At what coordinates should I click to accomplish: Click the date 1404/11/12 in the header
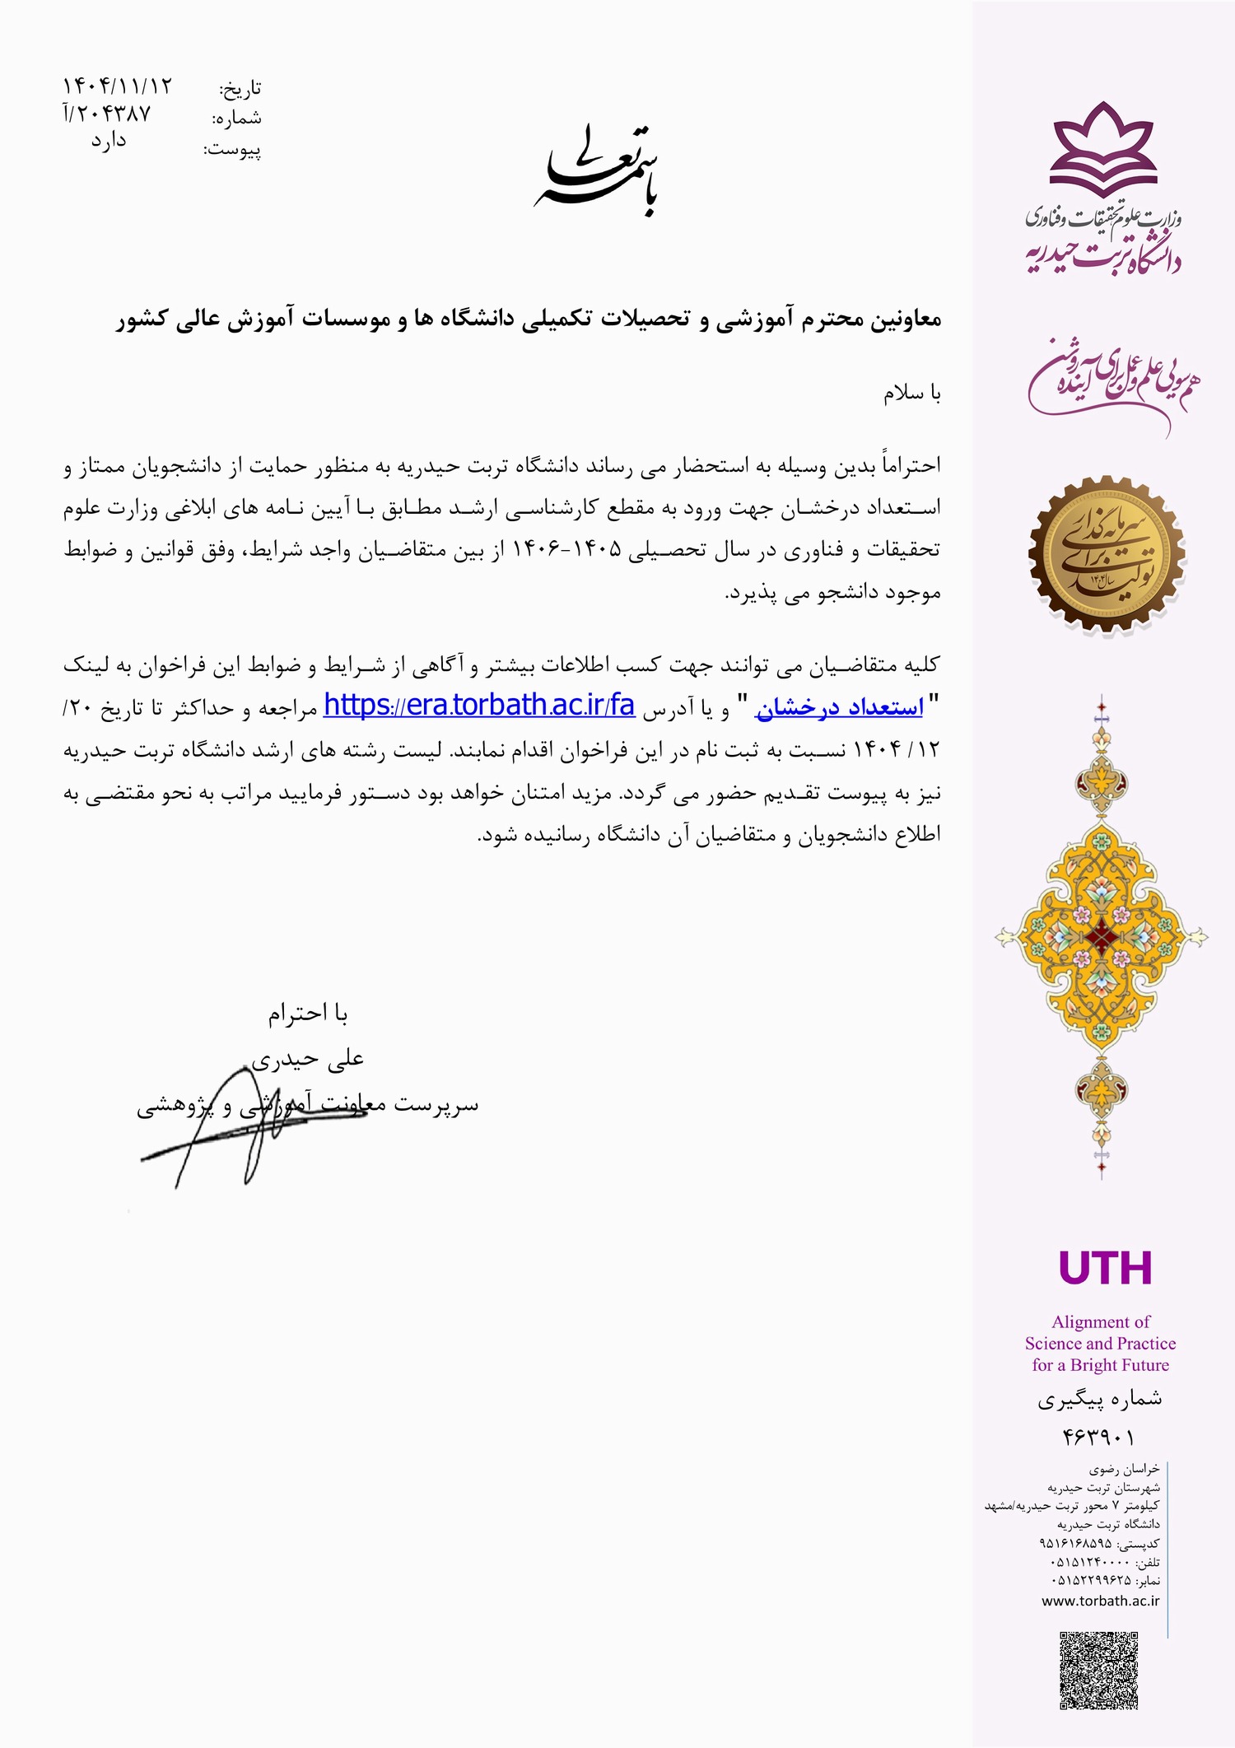(118, 86)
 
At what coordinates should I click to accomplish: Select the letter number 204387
(107, 114)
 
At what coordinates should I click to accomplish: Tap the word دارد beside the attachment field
(109, 142)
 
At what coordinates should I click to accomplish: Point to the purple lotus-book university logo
(1103, 149)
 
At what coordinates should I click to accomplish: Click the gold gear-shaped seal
(1106, 555)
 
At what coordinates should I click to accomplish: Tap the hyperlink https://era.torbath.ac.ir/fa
(478, 706)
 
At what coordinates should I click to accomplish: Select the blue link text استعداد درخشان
(839, 707)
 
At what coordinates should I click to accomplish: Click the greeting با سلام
(911, 394)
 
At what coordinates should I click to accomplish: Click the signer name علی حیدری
(307, 1060)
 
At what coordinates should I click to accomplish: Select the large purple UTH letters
(1105, 1269)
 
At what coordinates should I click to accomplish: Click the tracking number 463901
(1098, 1437)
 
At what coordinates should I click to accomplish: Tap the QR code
(1098, 1669)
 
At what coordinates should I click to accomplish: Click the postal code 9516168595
(1076, 1542)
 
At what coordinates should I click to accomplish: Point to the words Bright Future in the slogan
(1119, 1364)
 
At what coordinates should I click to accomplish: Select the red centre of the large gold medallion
(1101, 936)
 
